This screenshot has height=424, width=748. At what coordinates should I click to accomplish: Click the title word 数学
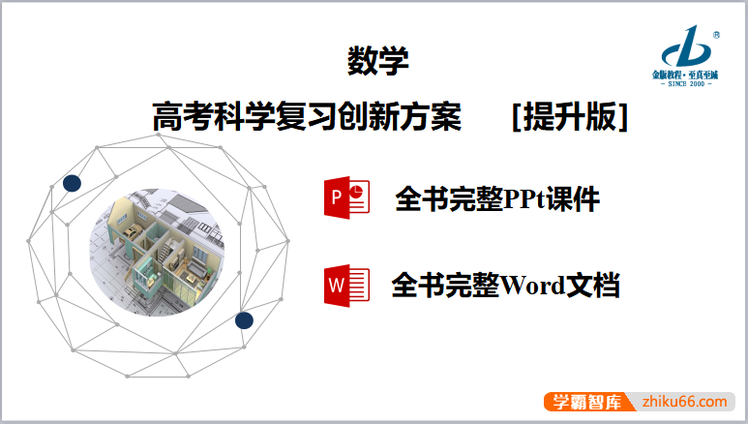377,62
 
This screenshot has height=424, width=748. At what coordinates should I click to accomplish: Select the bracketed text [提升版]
570,117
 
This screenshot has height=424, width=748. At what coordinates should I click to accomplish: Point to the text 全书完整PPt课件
496,199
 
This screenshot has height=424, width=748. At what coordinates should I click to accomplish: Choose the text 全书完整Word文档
505,286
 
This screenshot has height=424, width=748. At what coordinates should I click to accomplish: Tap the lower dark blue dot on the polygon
244,319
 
